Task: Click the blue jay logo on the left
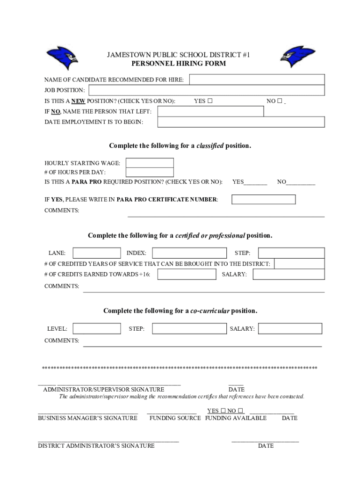[62, 58]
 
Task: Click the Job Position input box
[206, 90]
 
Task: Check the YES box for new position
[210, 101]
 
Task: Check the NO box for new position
[280, 101]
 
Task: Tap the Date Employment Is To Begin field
[241, 122]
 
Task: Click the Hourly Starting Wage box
[150, 163]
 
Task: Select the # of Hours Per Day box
[150, 172]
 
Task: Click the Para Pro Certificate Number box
[264, 199]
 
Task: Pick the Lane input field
[97, 253]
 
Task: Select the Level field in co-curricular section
[97, 329]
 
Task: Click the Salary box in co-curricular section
[290, 329]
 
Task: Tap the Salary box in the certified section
[288, 274]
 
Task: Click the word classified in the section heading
[209, 146]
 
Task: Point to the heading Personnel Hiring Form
[179, 64]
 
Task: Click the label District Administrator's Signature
[96, 446]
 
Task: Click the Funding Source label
[175, 418]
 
